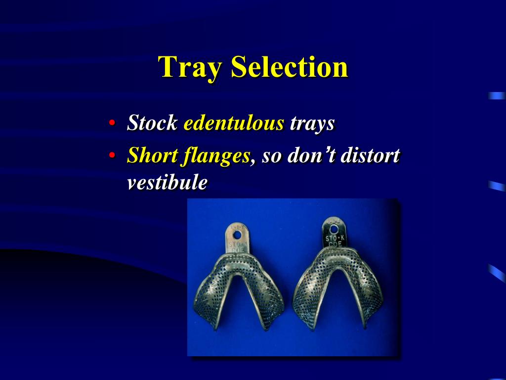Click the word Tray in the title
(190, 67)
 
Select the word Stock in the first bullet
(152, 123)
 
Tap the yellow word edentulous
(234, 123)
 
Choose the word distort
(370, 156)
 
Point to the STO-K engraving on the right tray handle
(336, 240)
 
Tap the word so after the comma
(272, 156)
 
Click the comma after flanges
(253, 162)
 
